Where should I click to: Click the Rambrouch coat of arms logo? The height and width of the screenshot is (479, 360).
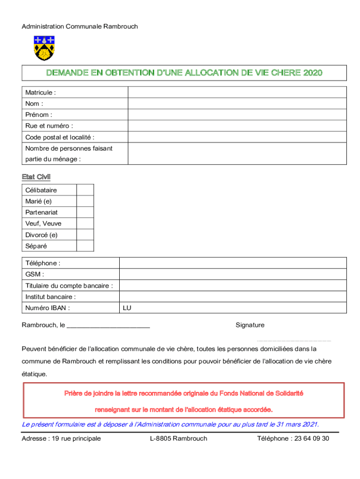pos(44,48)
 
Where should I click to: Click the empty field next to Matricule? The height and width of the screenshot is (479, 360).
pos(237,92)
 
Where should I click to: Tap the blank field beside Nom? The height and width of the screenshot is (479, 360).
pos(237,103)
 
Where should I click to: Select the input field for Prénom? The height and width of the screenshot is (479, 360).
pos(237,115)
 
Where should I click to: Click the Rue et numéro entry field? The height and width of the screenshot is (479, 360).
pos(237,126)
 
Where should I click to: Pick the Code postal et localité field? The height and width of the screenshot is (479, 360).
pos(237,137)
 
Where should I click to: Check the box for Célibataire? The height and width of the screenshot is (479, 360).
pos(85,190)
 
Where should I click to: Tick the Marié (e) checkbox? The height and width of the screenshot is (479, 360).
pos(85,201)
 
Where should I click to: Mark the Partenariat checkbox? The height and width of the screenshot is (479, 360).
pos(85,212)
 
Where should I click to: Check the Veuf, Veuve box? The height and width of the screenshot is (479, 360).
pos(85,224)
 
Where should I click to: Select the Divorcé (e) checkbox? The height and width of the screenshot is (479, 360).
pos(85,235)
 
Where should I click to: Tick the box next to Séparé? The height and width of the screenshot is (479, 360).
pos(85,246)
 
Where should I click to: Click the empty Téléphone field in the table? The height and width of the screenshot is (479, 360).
pos(233,263)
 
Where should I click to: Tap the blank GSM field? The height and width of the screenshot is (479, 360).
pos(233,274)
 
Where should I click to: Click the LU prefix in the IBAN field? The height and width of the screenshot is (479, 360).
pos(127,308)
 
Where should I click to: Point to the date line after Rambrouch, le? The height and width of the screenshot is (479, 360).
pos(108,326)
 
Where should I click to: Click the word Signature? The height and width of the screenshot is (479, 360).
pos(250,325)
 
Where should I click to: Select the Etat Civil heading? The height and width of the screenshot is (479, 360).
pos(36,177)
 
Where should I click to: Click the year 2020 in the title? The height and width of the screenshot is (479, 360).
pos(313,73)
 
